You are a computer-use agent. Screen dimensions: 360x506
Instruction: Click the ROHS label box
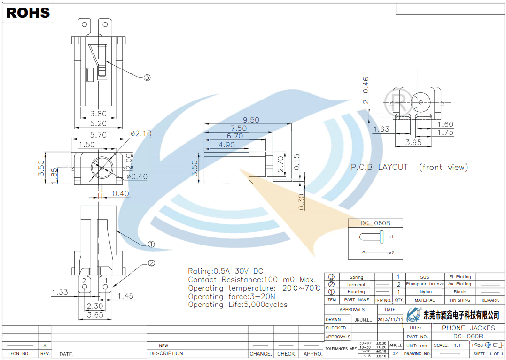pos(28,13)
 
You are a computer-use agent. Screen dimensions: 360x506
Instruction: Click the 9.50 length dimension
pos(251,120)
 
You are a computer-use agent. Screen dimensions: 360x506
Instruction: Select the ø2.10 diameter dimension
pos(141,134)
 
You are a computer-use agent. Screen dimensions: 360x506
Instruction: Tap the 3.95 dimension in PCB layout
pos(413,142)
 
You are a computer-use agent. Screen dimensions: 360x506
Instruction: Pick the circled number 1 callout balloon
pos(151,244)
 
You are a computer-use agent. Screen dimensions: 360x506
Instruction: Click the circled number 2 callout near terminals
pos(151,263)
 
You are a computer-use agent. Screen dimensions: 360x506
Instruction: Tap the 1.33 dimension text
pos(60,292)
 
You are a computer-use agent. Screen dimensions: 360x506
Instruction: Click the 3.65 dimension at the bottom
pos(95,315)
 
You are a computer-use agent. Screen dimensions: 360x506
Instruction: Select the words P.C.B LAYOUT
pos(380,167)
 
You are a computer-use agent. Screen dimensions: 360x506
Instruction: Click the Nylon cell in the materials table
pos(425,292)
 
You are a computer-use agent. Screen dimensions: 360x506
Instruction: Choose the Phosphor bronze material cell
pos(425,284)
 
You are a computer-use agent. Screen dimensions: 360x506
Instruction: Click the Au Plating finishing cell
pos(459,284)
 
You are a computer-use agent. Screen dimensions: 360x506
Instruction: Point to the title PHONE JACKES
pos(468,328)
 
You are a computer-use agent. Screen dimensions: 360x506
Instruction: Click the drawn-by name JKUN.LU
pos(363,319)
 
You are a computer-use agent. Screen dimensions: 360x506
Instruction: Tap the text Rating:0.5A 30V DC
pos(226,271)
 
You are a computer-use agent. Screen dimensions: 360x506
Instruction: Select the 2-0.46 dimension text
pos(366,90)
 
